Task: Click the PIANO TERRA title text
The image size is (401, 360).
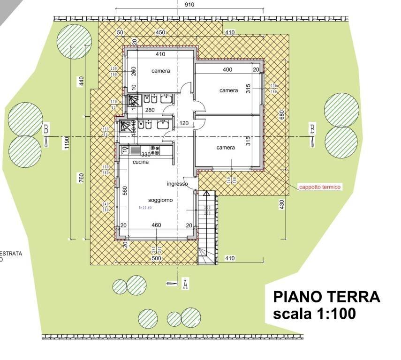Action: tap(326, 297)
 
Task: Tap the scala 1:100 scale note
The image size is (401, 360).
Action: tap(314, 314)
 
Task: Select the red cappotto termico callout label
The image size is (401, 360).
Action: tap(320, 187)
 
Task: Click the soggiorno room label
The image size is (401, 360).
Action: tap(160, 200)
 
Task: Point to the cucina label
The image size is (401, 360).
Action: tap(140, 162)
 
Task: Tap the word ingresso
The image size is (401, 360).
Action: tap(177, 184)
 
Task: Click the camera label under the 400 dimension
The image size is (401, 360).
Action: tap(228, 90)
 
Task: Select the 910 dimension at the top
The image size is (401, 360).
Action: tap(176, 5)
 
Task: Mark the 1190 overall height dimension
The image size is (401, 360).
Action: tap(68, 142)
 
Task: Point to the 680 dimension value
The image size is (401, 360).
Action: tap(282, 115)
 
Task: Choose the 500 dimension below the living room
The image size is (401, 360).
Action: tap(156, 258)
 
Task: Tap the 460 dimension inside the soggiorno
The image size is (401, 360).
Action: tap(156, 225)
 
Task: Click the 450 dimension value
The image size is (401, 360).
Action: tap(160, 32)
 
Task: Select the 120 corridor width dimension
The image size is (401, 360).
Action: tap(184, 123)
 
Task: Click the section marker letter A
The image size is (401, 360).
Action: tap(185, 284)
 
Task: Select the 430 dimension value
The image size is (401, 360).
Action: tap(282, 205)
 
